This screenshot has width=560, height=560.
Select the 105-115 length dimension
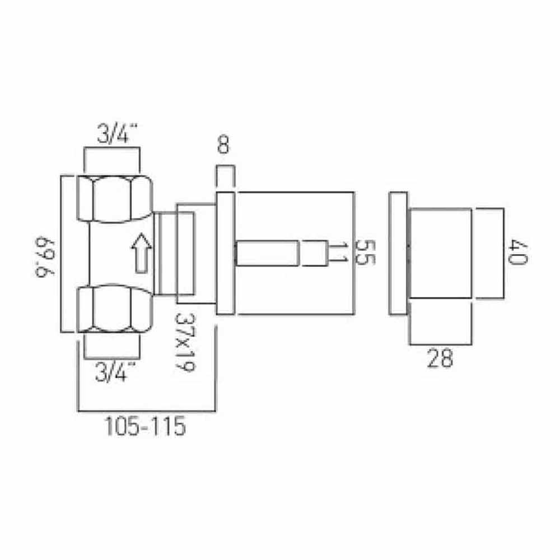tap(144, 427)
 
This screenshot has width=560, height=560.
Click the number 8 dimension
tap(223, 146)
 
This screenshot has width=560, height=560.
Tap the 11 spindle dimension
tap(337, 254)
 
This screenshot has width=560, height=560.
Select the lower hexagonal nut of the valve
tap(114, 309)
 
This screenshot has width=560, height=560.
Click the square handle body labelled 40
tap(442, 253)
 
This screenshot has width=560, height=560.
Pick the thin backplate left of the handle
tap(399, 253)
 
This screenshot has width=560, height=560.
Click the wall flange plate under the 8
tap(225, 253)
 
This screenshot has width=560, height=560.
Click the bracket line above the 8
tap(224, 167)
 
